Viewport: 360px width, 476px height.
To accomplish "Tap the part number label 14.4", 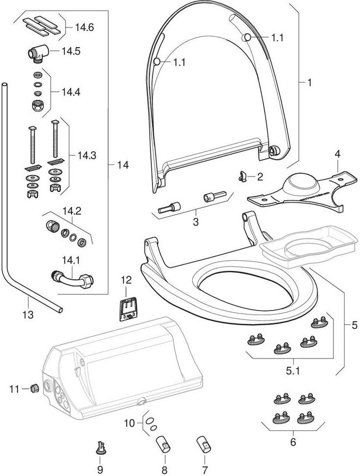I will click(70, 91).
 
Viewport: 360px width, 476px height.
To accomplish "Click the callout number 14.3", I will click(86, 155).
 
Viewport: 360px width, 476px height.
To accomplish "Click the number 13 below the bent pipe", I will click(27, 315).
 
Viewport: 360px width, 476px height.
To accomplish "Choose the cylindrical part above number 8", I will click(164, 444).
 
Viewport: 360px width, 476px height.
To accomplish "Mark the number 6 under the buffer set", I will click(293, 442).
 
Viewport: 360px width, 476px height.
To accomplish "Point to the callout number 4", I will click(336, 155).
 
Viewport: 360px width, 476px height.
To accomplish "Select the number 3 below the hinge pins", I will click(195, 222).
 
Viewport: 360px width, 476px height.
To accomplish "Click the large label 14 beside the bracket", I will click(123, 166).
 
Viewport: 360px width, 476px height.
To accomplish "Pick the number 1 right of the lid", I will click(309, 83).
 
